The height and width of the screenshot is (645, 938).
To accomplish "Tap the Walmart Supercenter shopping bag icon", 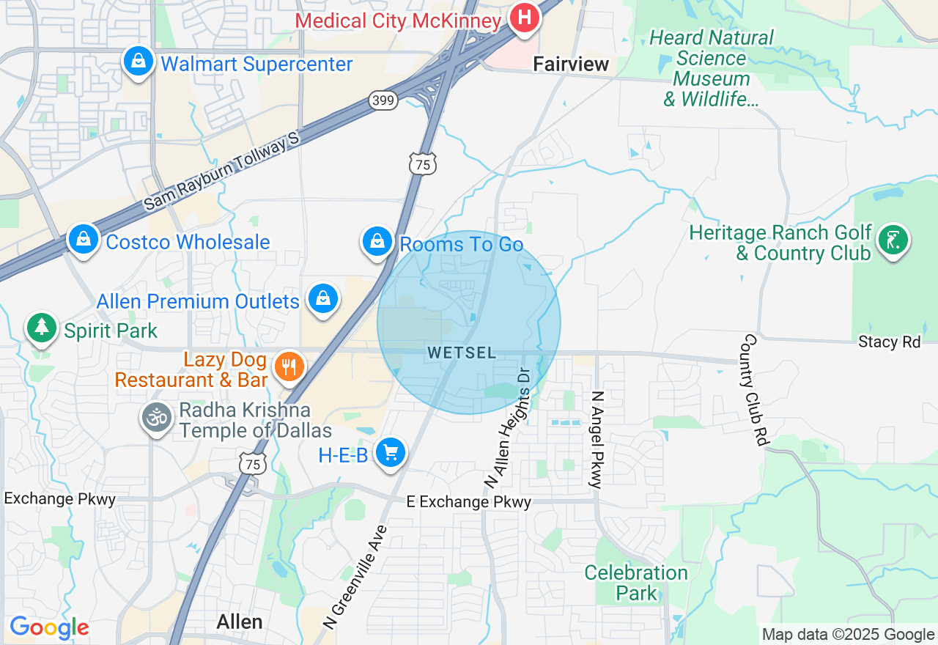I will click(x=138, y=62).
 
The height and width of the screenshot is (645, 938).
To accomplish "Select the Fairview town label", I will click(x=571, y=64).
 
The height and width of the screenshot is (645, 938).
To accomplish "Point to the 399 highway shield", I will click(x=383, y=100).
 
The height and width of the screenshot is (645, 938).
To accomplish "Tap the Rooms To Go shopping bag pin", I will click(x=377, y=241).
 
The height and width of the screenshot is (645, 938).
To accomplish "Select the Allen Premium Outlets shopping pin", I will click(x=322, y=299).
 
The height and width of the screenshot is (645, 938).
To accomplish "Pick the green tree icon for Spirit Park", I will click(x=42, y=328).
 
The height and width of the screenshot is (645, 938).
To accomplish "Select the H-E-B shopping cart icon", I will click(x=390, y=452).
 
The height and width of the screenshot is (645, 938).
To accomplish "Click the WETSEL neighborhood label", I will click(x=462, y=353).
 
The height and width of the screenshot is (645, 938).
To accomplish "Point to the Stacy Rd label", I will click(x=889, y=342).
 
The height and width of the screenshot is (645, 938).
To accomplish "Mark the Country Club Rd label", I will click(x=754, y=390).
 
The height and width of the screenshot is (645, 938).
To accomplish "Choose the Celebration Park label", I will click(x=636, y=583).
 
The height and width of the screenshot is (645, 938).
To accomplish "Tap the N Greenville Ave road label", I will click(x=355, y=577).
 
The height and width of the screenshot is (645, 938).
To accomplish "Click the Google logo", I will click(x=49, y=627).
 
